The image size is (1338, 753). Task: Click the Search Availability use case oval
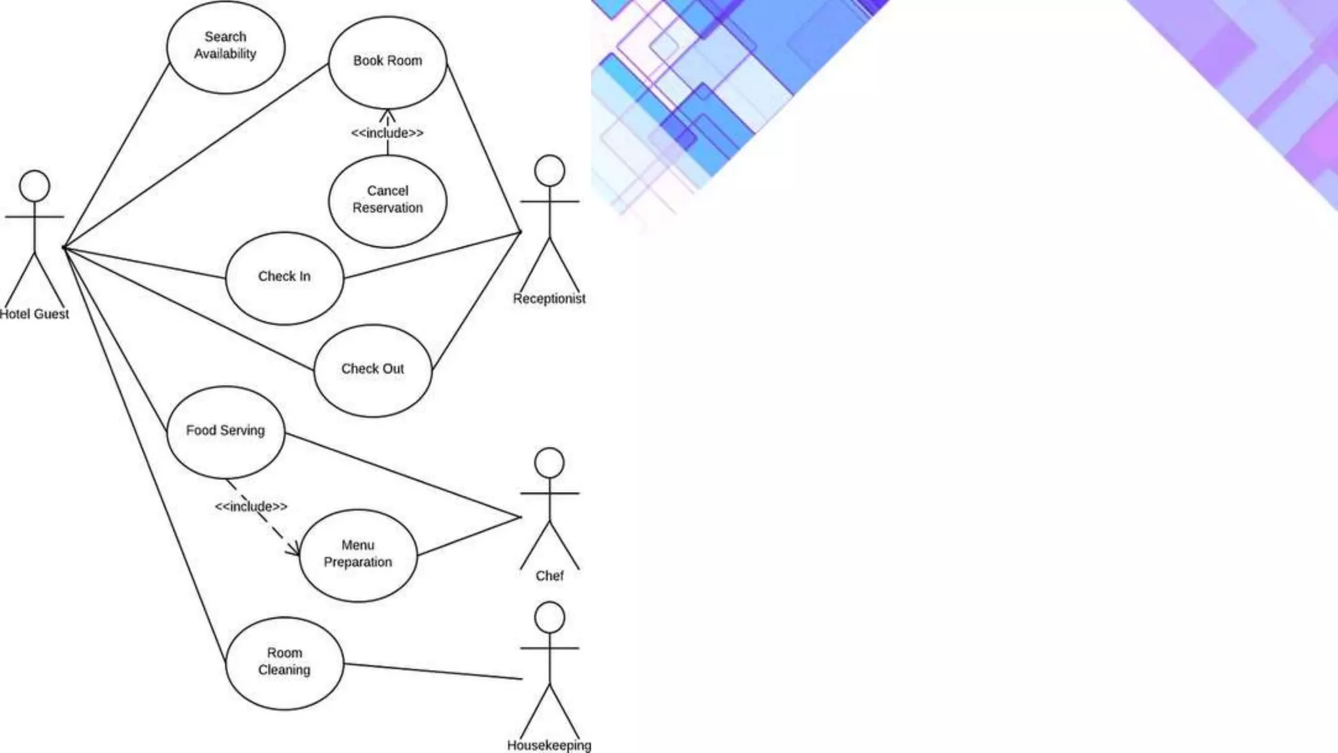tap(225, 47)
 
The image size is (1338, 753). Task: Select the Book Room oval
tap(387, 61)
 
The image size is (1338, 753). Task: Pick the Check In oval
tap(284, 277)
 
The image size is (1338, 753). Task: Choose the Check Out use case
tap(372, 370)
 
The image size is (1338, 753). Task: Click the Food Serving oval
tap(225, 431)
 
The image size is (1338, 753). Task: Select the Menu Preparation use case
tap(358, 554)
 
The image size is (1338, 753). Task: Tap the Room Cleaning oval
tap(284, 662)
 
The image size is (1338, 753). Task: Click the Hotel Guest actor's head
tap(35, 186)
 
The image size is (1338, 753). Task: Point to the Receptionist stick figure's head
tap(549, 171)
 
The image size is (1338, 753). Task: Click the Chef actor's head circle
tap(549, 463)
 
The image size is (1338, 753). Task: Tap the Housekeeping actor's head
tap(549, 617)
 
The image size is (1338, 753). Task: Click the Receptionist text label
tap(549, 299)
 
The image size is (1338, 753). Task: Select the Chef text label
tap(549, 576)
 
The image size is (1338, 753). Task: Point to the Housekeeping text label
tap(549, 745)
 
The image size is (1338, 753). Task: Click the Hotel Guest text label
tap(34, 314)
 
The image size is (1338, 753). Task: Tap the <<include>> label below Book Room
tap(387, 133)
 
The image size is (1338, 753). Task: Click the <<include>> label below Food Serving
tap(251, 507)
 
